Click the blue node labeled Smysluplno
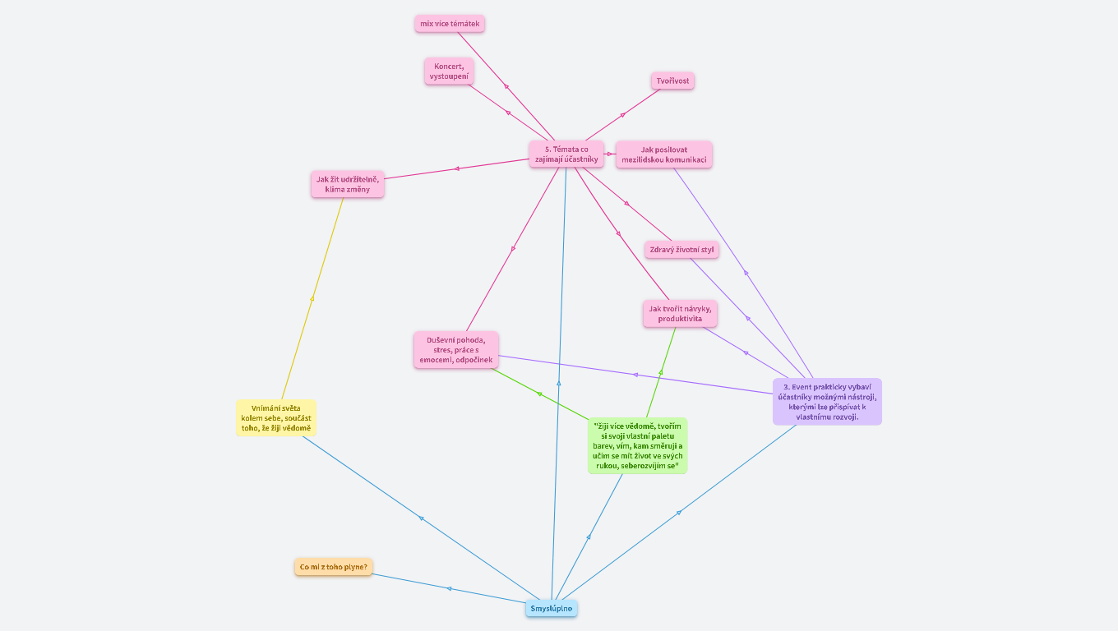tap(551, 608)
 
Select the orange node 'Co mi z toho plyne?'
tap(333, 567)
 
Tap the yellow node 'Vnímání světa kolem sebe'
tap(275, 417)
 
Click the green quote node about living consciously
tap(637, 445)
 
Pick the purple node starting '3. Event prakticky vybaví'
tap(827, 401)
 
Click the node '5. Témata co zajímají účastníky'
tap(566, 154)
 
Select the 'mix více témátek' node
tap(449, 24)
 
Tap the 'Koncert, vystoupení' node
tap(449, 71)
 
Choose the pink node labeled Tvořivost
tap(672, 81)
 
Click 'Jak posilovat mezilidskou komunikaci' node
tap(663, 154)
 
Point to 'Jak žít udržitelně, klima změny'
tap(347, 184)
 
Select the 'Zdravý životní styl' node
tap(681, 249)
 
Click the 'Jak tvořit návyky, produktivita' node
tap(680, 313)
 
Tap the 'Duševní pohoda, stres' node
tap(455, 349)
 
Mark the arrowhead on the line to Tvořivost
tap(622, 115)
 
